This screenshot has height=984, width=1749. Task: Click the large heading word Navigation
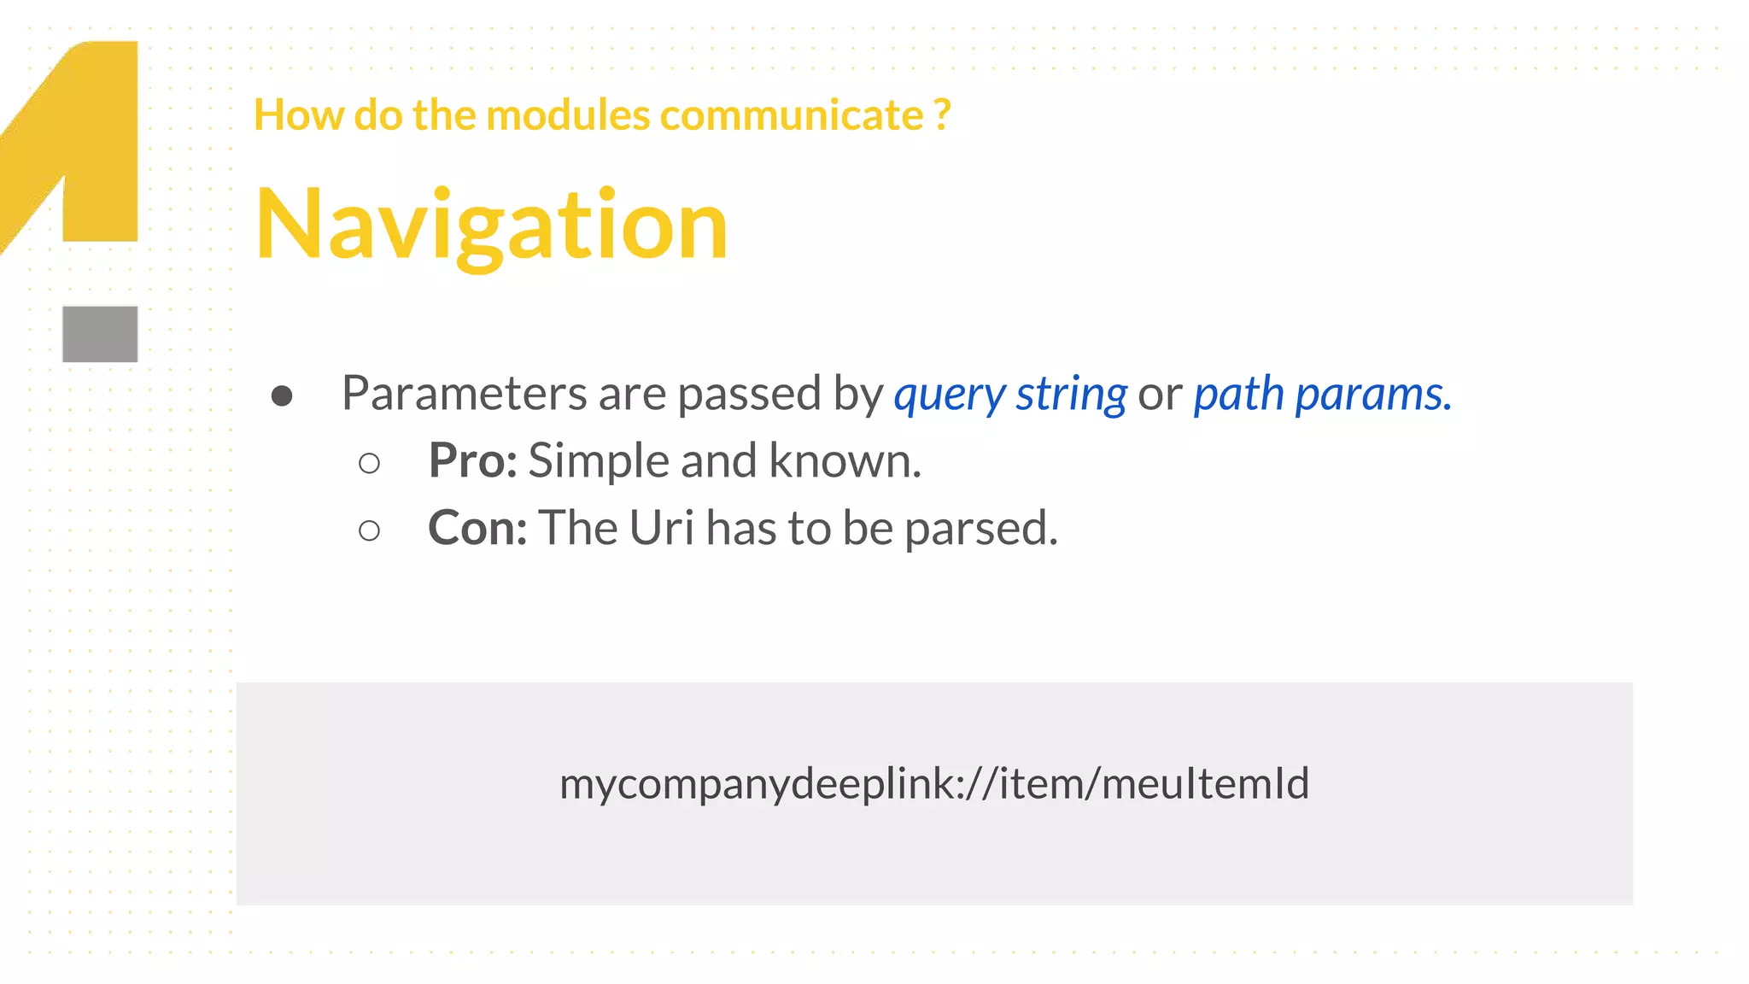click(491, 225)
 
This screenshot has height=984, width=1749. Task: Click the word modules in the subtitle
click(567, 114)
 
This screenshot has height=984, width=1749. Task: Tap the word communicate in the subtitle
click(791, 114)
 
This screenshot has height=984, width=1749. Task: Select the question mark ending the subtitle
click(942, 114)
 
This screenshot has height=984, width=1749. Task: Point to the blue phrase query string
click(1010, 395)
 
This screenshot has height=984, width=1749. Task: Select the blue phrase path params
click(1321, 395)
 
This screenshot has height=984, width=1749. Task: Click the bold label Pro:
click(472, 460)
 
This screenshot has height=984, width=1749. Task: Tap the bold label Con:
click(477, 528)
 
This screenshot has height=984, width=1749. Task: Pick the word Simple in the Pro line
click(599, 460)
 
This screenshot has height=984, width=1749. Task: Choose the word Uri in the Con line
click(661, 528)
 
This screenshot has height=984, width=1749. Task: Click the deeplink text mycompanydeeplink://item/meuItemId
click(934, 783)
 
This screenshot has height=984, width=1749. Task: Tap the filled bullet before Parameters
click(282, 395)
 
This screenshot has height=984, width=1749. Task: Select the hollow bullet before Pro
click(369, 464)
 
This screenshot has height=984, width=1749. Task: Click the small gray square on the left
click(100, 334)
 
